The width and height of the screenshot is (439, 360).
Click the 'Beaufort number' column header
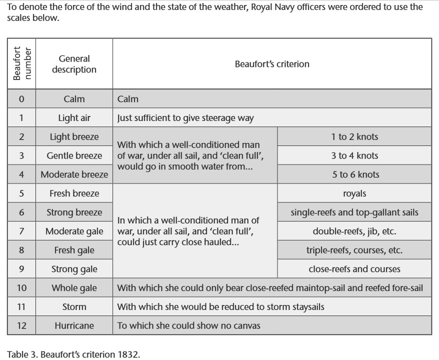[21, 64]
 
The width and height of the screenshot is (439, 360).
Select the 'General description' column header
[74, 64]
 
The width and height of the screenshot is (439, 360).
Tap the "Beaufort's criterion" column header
[272, 64]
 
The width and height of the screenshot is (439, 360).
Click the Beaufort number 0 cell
[21, 99]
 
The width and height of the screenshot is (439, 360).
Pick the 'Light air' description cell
[74, 118]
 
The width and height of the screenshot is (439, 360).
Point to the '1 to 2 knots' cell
[354, 136]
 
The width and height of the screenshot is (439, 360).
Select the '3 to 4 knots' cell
[354, 155]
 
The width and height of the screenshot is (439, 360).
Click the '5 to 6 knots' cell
[354, 174]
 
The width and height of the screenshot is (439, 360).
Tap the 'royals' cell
[354, 193]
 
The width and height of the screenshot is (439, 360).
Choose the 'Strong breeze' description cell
[74, 212]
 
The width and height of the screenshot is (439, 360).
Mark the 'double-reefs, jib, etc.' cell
[354, 231]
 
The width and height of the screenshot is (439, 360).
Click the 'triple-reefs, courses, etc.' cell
[354, 250]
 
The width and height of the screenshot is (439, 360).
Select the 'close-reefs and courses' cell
[354, 269]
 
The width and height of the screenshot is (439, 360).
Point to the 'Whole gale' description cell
[74, 288]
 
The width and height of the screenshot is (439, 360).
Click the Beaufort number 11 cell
[21, 307]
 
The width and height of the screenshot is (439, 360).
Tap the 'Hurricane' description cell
[74, 325]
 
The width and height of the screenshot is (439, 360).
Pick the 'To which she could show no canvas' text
[188, 325]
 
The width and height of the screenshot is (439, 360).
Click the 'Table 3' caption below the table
[73, 354]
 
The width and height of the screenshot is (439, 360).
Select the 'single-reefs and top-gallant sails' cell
[354, 212]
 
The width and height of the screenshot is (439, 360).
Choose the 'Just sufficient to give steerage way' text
[185, 118]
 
